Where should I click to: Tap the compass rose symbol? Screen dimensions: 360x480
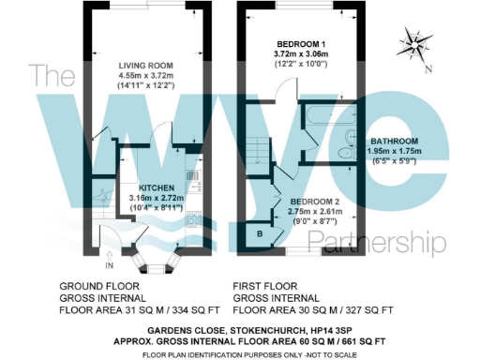pyautogui.click(x=413, y=43)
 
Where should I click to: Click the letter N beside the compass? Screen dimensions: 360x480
pyautogui.click(x=427, y=70)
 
